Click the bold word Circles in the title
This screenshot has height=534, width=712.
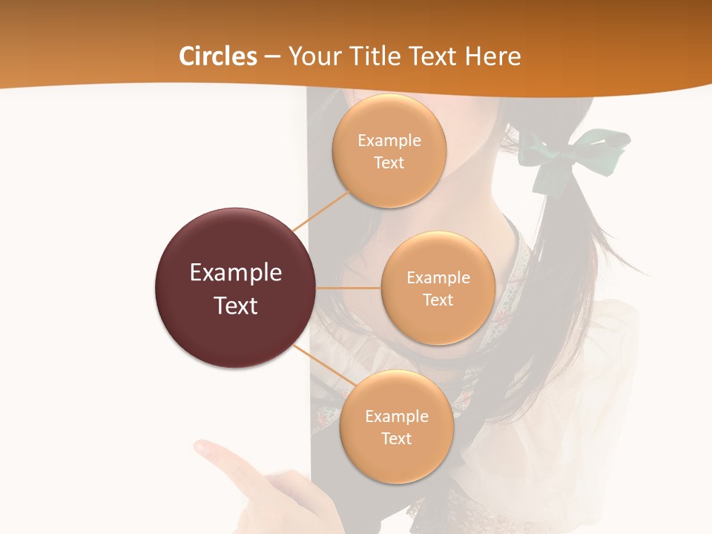point(218,56)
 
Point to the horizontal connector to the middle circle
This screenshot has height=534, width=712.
point(349,288)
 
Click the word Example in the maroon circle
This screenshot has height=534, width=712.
point(236,273)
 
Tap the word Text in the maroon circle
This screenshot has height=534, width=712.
point(236,306)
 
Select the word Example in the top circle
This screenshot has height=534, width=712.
point(389,140)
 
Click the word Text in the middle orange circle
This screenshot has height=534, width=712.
point(438,300)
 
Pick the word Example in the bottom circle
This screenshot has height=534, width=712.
point(397,416)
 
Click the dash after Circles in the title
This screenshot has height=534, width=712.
point(272,57)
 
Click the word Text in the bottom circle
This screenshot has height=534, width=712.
point(396,438)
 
